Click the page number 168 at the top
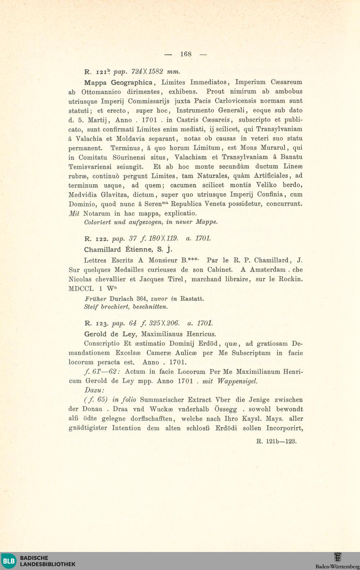pos(186,54)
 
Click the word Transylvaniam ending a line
pos(279,129)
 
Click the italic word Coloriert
pos(98,222)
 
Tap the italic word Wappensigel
pos(237,381)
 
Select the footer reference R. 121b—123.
pos(276,441)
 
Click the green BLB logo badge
pos(9,561)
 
